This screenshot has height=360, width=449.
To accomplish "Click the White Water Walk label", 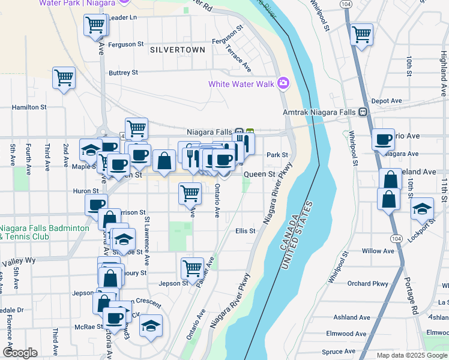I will click(x=241, y=84).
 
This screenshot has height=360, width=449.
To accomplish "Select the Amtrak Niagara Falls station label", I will click(x=319, y=112).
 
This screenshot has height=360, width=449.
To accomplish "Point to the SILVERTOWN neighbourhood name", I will click(x=178, y=49).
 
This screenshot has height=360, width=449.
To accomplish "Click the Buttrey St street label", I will click(x=123, y=73).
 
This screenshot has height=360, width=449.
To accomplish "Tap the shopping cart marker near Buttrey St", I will click(x=64, y=78).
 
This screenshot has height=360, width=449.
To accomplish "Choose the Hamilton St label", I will click(x=29, y=107).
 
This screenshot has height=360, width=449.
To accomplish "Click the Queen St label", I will click(x=259, y=175).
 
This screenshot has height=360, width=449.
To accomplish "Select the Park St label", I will click(x=277, y=155).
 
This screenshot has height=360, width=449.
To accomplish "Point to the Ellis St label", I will click(x=246, y=230).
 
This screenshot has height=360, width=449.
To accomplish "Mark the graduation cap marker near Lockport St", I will click(x=423, y=209).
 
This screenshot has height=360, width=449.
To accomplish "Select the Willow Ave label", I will click(x=378, y=251).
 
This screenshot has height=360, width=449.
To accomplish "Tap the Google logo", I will click(x=20, y=353).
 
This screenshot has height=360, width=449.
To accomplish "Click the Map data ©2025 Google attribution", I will click(x=412, y=355).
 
